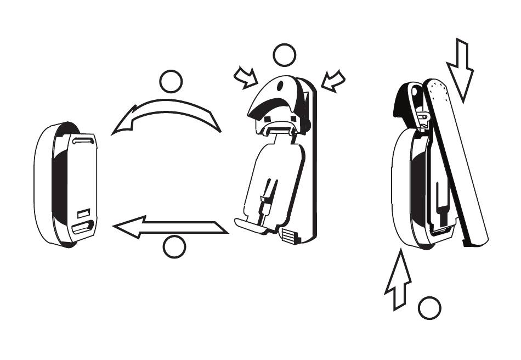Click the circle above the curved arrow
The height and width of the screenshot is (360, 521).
click(x=171, y=82)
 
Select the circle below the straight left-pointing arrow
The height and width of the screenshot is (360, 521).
click(x=175, y=248)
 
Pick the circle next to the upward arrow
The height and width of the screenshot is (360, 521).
click(x=429, y=308)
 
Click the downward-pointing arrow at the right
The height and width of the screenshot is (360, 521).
click(x=460, y=68)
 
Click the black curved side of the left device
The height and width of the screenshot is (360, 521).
click(x=60, y=187)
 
